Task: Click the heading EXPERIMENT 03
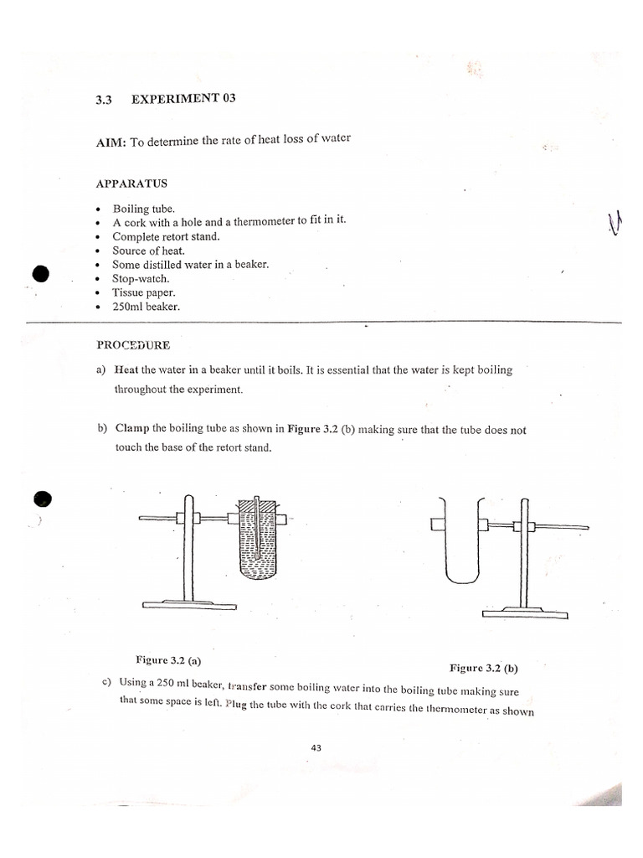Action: pyautogui.click(x=183, y=99)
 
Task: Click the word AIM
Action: pyautogui.click(x=110, y=143)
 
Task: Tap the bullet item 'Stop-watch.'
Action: pyautogui.click(x=141, y=278)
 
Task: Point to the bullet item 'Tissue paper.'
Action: pyautogui.click(x=144, y=292)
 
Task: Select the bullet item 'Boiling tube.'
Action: pyautogui.click(x=142, y=209)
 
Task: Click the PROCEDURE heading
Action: pyautogui.click(x=133, y=344)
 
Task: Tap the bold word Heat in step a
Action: pyautogui.click(x=126, y=370)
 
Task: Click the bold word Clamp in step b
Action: pyautogui.click(x=132, y=430)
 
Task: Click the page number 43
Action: pyautogui.click(x=316, y=748)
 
